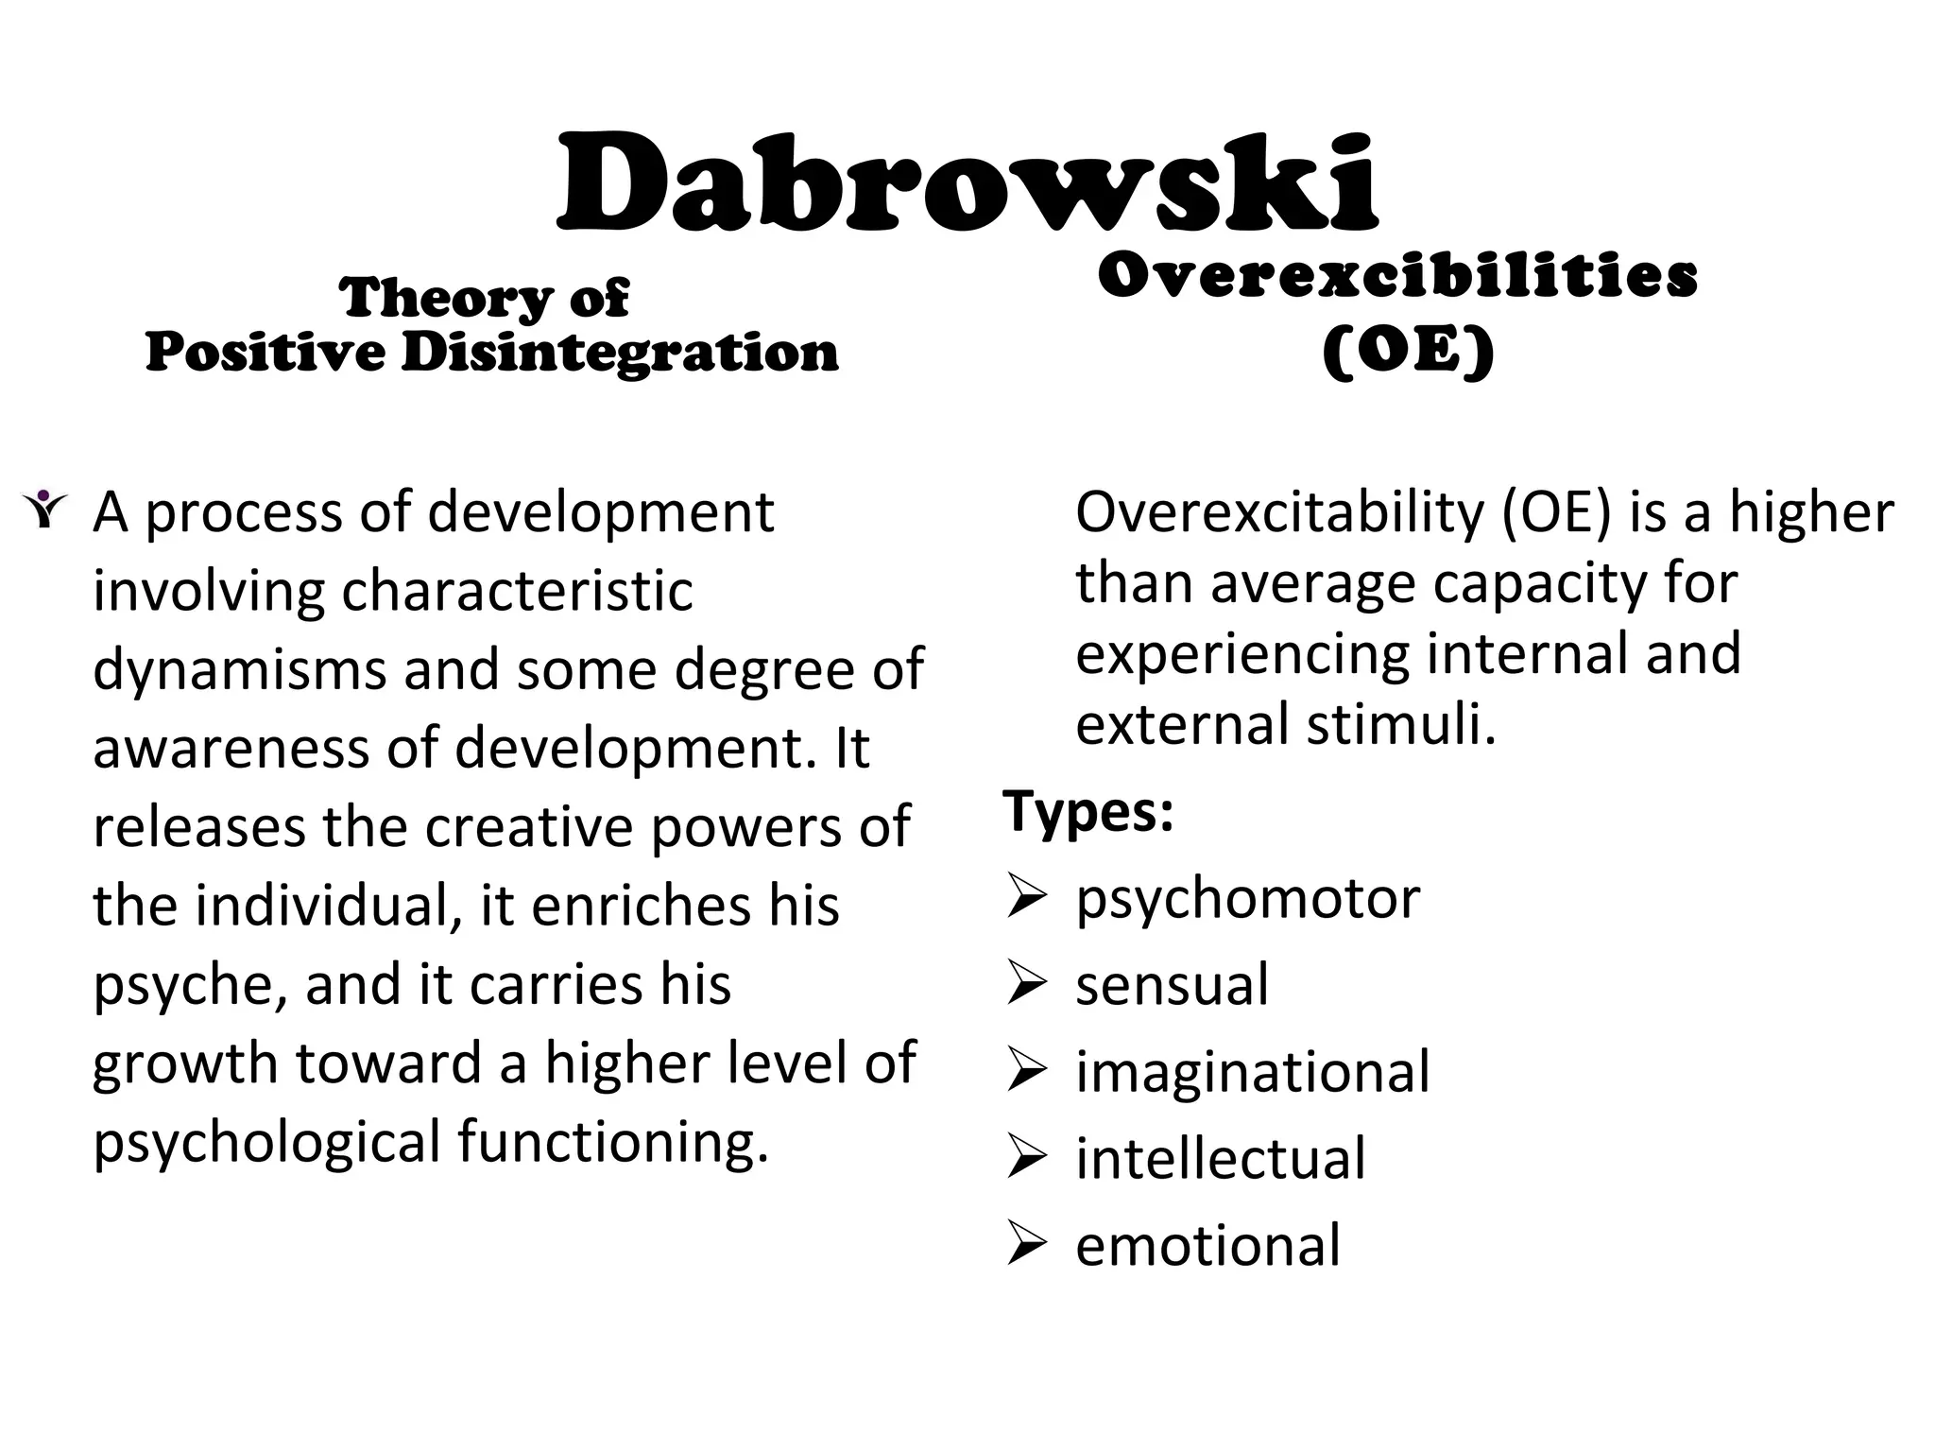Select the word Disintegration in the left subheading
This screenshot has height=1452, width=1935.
620,354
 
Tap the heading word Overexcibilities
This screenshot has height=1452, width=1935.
1397,276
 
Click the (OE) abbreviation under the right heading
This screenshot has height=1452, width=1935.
1408,352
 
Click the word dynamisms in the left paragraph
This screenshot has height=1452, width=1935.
239,670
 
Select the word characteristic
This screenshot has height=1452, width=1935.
517,592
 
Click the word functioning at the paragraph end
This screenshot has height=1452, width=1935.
612,1142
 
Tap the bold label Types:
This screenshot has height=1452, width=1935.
1088,811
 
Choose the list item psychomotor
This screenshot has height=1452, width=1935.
1247,898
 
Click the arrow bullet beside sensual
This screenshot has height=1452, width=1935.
1026,984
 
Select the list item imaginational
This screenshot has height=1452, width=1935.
1253,1072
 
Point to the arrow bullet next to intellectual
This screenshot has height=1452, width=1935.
1026,1158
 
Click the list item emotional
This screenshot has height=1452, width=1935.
1207,1245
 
